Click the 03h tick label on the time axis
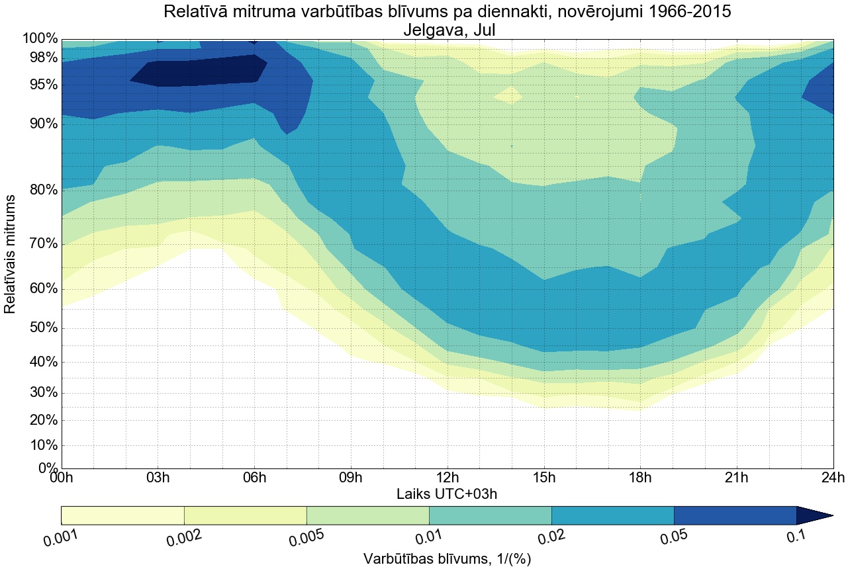click(158, 478)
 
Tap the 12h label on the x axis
click(447, 478)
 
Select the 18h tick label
click(639, 478)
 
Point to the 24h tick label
click(832, 478)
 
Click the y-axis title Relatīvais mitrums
click(11, 254)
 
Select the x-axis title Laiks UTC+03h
click(447, 494)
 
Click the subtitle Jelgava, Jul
click(447, 30)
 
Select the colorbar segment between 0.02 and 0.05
click(612, 515)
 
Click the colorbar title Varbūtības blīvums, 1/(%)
click(447, 558)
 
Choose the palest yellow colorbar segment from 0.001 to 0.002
click(122, 515)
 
